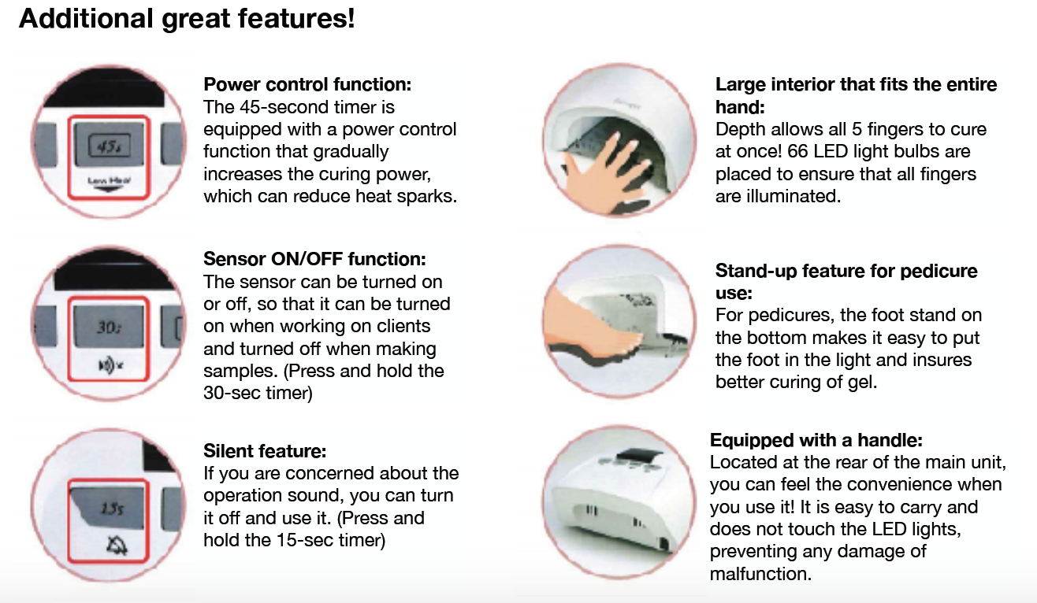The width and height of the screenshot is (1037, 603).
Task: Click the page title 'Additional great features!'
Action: pos(187,18)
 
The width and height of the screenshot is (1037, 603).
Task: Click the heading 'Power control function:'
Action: pos(307,84)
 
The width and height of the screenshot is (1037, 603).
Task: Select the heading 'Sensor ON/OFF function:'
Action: pos(314,259)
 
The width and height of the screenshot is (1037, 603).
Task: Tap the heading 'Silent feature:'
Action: pos(265,451)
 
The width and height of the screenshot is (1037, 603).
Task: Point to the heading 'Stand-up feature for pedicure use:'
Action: pos(846,282)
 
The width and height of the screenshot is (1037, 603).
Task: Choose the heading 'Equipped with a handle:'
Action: pos(816,440)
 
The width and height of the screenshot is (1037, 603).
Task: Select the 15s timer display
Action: pos(108,509)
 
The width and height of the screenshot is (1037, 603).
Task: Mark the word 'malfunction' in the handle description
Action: pos(760,574)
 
